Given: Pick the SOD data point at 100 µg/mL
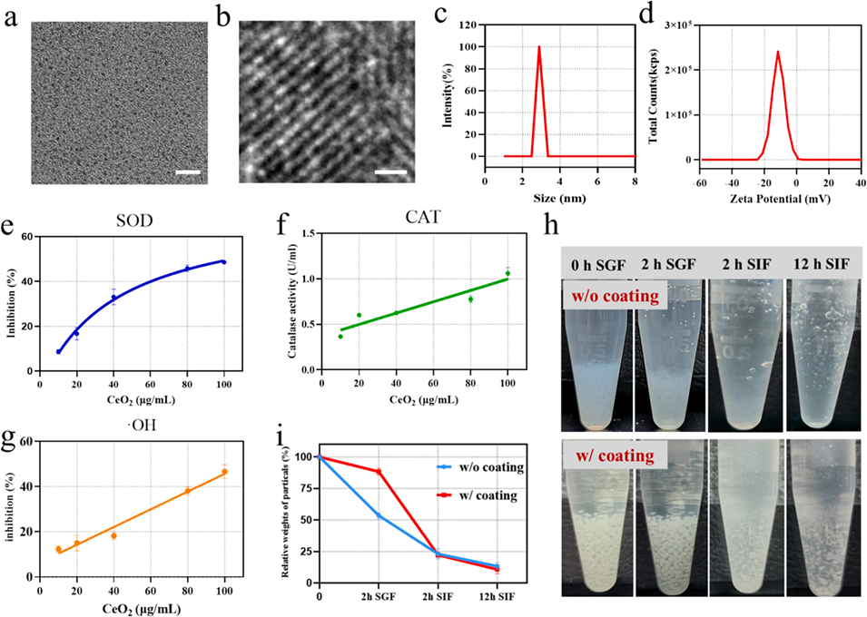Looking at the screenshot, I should coord(223,262).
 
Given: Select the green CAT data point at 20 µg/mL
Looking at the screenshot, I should coord(359,315).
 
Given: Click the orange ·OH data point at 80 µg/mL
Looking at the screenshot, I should coord(188,491).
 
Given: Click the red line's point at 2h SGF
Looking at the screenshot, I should coord(378,471).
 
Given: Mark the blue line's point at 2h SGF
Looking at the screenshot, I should coord(378,515).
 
